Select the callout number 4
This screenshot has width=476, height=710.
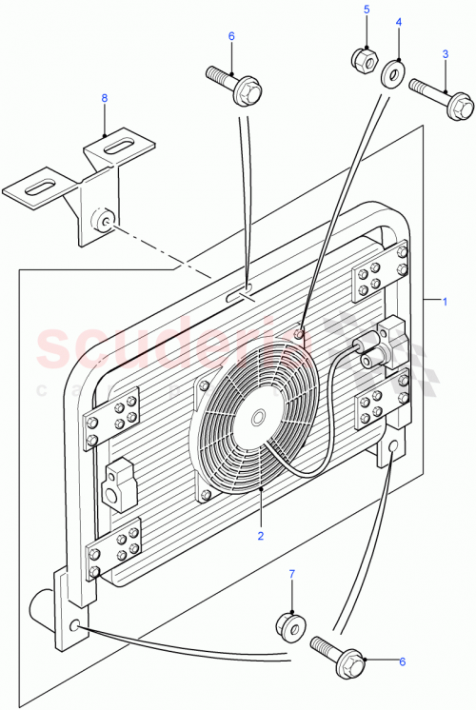[399, 22]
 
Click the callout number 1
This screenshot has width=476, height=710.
[445, 302]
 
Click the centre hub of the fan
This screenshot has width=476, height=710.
[258, 417]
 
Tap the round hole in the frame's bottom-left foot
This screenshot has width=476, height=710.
[74, 627]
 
